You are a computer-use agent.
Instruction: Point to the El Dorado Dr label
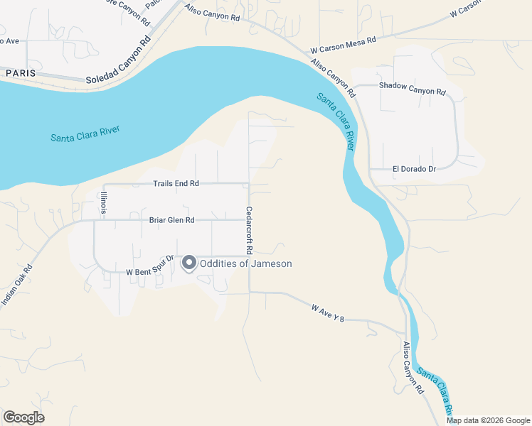coord(413,169)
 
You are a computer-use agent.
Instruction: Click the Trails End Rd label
coord(176,183)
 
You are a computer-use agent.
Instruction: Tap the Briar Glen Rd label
coord(171,220)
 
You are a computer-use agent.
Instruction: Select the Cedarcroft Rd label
coord(250,230)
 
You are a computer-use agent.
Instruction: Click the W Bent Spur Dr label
coord(150,271)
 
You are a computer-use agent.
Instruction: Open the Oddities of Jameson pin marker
coord(189,263)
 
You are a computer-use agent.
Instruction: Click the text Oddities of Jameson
coord(246,264)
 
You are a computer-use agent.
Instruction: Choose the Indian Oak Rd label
coord(18,286)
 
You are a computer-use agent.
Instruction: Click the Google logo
coord(23,417)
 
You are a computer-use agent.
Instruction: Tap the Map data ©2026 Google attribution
coord(488,420)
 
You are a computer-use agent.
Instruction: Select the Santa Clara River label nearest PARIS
coord(85,133)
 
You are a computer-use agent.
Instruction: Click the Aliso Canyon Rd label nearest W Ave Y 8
coord(413,368)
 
